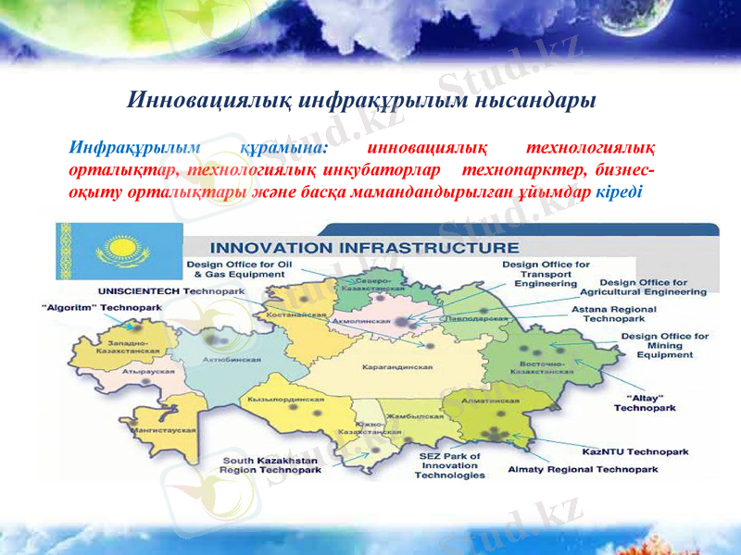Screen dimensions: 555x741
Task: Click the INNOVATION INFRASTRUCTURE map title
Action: coord(365,248)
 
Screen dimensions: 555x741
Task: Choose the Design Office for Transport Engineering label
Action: coord(546,275)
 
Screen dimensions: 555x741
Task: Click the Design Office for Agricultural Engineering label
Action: coord(653,287)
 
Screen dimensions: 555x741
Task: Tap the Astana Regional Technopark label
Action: coord(613,314)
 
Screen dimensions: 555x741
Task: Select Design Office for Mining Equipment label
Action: coord(665,345)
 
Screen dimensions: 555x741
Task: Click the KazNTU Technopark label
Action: coord(634,451)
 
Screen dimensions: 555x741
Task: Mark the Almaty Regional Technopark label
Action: coord(583,470)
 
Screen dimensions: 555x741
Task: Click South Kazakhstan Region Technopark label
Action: coord(270,465)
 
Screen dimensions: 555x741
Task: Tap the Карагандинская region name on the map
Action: coord(397,366)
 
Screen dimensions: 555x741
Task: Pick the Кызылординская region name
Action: coord(285,399)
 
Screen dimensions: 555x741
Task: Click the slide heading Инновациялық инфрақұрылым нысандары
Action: coord(360,100)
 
